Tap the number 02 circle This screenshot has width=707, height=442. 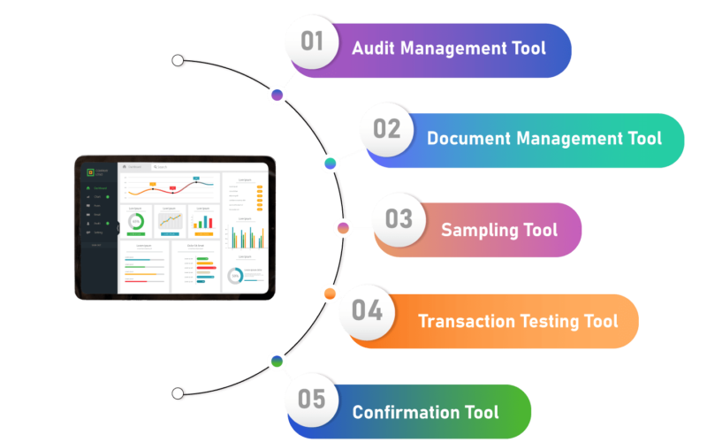pos(387,129)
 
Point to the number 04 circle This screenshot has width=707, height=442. pos(367,309)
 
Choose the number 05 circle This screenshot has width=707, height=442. pos(312,400)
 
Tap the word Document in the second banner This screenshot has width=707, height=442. pos(467,139)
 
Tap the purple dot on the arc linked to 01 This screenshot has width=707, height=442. pos(277,95)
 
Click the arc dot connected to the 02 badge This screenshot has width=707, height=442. pos(331,164)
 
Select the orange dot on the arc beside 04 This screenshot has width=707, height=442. pos(330,293)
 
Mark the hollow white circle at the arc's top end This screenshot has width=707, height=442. pos(179,61)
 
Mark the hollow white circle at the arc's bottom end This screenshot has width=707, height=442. pos(179,393)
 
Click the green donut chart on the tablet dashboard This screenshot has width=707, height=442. pos(137,221)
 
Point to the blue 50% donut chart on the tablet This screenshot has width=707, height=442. pos(235,276)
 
